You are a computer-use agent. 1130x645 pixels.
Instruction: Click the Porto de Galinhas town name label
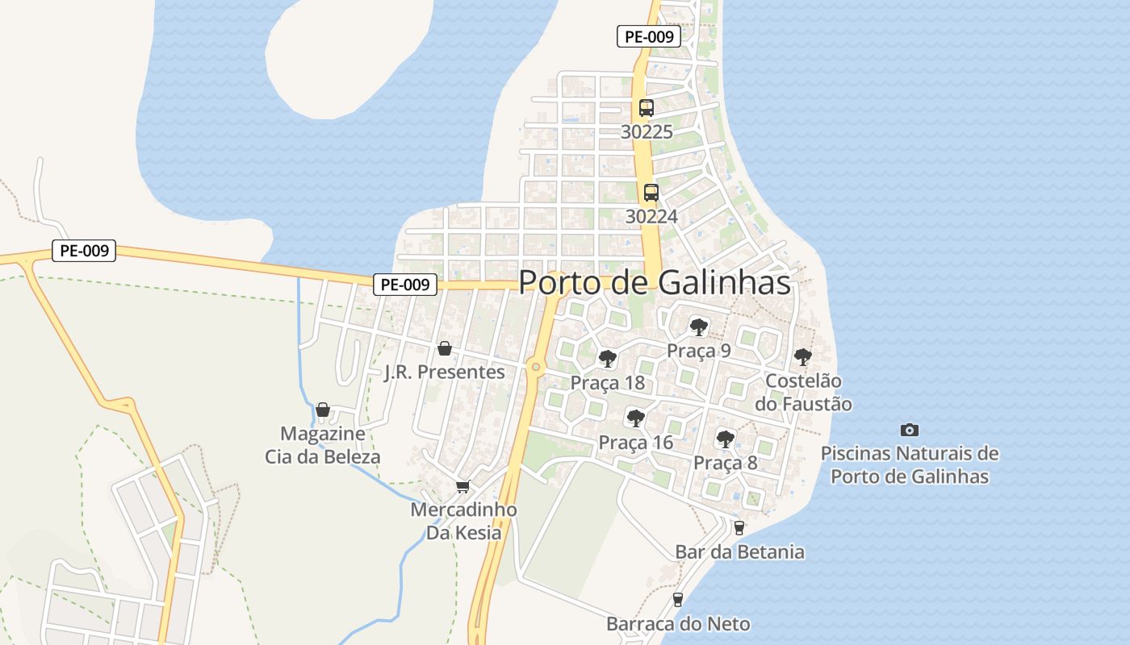[654, 283]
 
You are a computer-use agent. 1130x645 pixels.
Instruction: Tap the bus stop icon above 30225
[646, 108]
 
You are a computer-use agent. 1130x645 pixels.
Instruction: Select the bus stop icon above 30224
[651, 193]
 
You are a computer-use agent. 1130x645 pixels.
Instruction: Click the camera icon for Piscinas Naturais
[910, 431]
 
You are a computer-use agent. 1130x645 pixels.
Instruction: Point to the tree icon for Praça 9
[699, 327]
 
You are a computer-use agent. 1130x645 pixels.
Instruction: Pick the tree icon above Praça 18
[607, 359]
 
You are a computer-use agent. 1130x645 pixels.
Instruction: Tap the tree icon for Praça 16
[635, 418]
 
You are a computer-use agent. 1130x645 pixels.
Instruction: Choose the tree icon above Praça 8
[725, 439]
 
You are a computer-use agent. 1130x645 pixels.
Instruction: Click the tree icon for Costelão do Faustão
[802, 356]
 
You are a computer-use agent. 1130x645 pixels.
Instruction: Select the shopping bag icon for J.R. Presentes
[444, 348]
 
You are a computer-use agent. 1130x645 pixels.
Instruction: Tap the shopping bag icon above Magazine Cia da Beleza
[323, 410]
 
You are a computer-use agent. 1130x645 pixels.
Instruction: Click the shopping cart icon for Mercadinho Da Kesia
[462, 486]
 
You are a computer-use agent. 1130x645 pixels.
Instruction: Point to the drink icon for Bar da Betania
[739, 528]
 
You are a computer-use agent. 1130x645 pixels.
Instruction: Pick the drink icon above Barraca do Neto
[677, 600]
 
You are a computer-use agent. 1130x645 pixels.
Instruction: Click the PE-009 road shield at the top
[649, 36]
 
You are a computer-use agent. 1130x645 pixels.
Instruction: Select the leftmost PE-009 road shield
[84, 251]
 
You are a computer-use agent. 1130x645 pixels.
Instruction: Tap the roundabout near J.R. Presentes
[534, 368]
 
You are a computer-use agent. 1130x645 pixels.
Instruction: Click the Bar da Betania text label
[739, 552]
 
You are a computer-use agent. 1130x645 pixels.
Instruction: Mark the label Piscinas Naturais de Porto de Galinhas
[910, 464]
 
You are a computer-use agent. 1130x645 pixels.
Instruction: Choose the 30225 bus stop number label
[647, 131]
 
